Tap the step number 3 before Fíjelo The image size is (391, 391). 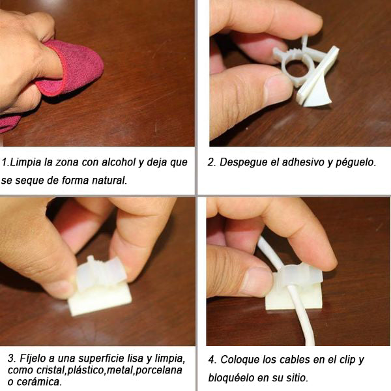[11, 358]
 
